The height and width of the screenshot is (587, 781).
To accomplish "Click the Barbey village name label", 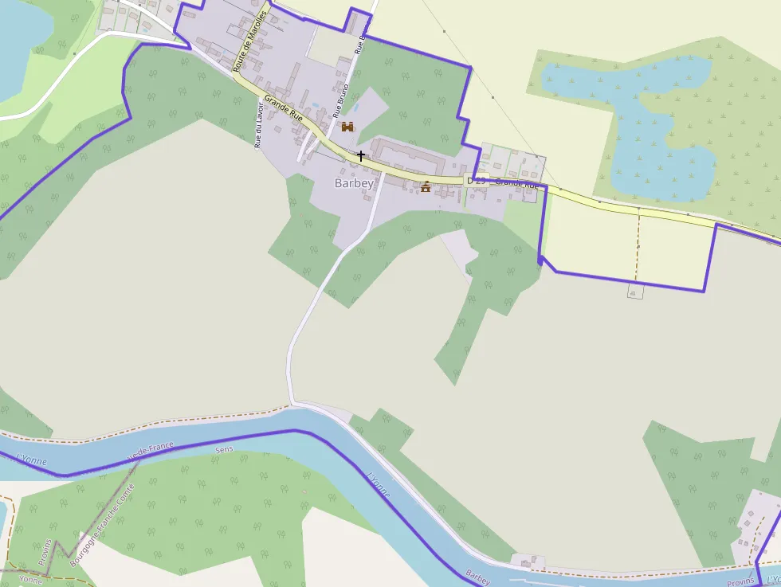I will point(354,183).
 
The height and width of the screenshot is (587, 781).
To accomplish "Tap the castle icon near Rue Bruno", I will point(347,126).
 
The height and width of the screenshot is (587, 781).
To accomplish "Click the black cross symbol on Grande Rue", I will point(361,155).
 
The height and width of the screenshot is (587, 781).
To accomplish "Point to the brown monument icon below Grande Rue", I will point(426,187).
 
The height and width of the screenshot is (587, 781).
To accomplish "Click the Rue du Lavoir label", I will point(257,126).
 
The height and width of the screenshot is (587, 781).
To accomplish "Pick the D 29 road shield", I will point(476,182).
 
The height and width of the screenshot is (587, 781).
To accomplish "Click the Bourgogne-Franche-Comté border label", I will point(102,522).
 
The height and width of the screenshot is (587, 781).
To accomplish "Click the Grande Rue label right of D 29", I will point(518,183).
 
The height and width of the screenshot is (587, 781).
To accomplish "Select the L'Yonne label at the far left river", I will point(33,460).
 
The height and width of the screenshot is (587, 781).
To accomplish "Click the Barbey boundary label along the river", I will point(477,574).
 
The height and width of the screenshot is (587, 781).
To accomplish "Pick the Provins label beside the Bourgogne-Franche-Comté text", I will point(45,553).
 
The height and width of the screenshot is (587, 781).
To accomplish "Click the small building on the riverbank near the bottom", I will point(528,562).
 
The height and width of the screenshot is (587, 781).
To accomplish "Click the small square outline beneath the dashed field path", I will point(635,292).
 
